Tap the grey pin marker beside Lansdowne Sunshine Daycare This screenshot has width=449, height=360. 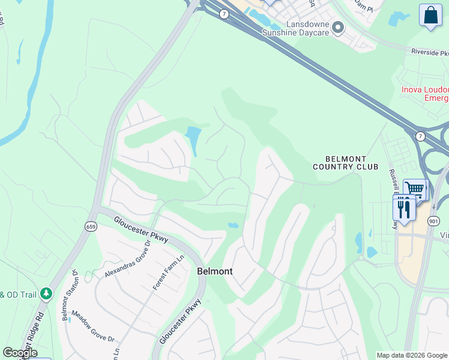338,27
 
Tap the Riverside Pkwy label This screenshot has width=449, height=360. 430,52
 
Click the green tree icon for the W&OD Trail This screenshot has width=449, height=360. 47,294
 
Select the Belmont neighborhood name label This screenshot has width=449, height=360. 215,271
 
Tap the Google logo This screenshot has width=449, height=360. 20,353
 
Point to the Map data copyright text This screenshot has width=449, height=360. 412,355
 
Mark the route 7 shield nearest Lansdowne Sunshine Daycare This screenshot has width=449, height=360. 223,14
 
